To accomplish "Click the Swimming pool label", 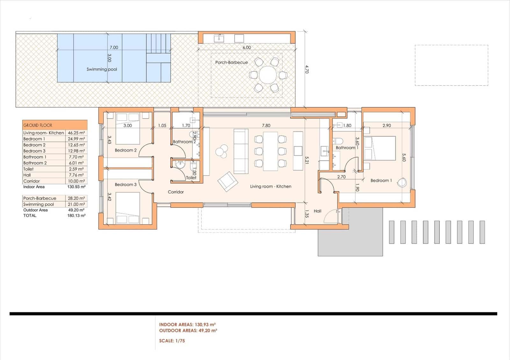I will (x=102, y=69).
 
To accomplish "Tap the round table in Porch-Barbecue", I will (x=268, y=75).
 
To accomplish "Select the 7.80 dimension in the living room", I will (x=266, y=126).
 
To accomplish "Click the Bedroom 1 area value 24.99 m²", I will (x=76, y=139).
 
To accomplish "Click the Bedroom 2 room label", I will (x=126, y=150).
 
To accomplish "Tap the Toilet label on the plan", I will (x=191, y=178).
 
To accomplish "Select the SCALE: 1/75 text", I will (x=172, y=341).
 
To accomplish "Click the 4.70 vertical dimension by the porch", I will (x=307, y=69).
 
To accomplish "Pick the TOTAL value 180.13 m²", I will (x=76, y=216).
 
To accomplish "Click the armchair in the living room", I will (x=227, y=182).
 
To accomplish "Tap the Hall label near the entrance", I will (x=317, y=211).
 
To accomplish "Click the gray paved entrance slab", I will (x=351, y=236).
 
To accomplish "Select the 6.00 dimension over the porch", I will (x=246, y=47).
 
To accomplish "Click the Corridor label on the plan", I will (x=176, y=192).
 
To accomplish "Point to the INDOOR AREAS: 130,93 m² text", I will (x=188, y=325).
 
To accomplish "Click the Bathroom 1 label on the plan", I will (x=347, y=148).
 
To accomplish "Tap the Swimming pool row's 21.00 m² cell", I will (x=76, y=204).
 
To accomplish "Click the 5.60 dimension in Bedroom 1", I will (x=404, y=157).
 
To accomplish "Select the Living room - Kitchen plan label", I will (x=271, y=186).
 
